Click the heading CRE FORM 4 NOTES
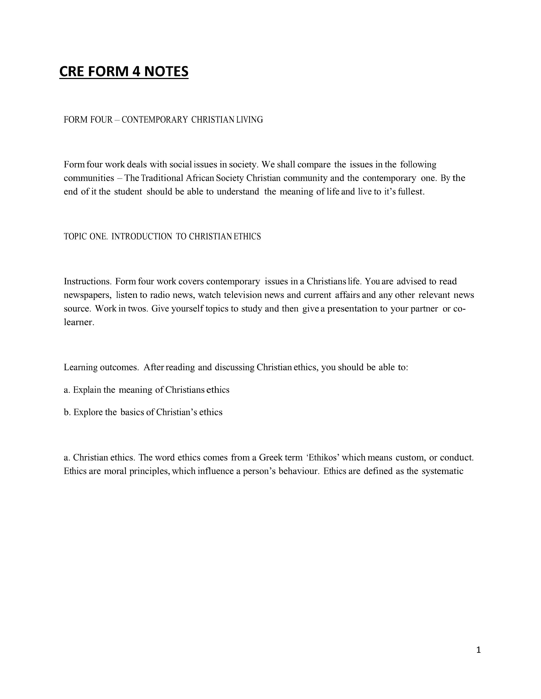coord(124,71)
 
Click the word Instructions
coord(87,281)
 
